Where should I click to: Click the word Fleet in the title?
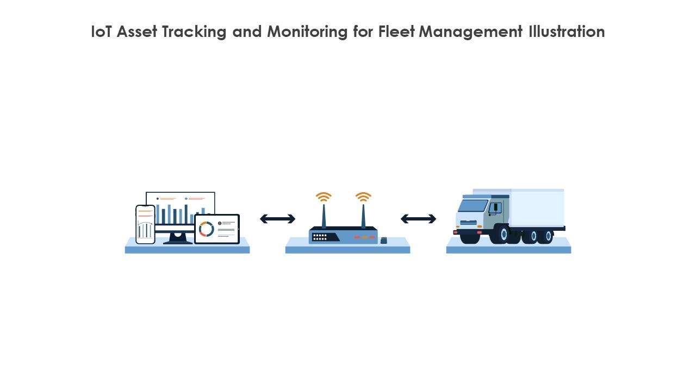(x=397, y=31)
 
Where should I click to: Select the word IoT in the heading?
(x=102, y=31)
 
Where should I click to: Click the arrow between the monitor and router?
(x=277, y=219)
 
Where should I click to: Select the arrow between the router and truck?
(x=418, y=219)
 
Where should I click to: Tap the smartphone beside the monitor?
(x=145, y=224)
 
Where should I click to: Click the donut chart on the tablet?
(x=206, y=229)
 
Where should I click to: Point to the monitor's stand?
(x=177, y=238)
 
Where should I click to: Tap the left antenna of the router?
(x=324, y=216)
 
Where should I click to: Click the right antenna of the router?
(x=363, y=216)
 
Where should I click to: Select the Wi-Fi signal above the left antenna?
(x=324, y=197)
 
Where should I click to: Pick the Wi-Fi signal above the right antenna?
(x=363, y=197)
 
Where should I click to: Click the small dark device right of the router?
(x=384, y=240)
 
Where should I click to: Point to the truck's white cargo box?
(x=536, y=208)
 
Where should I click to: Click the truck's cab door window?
(x=495, y=207)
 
